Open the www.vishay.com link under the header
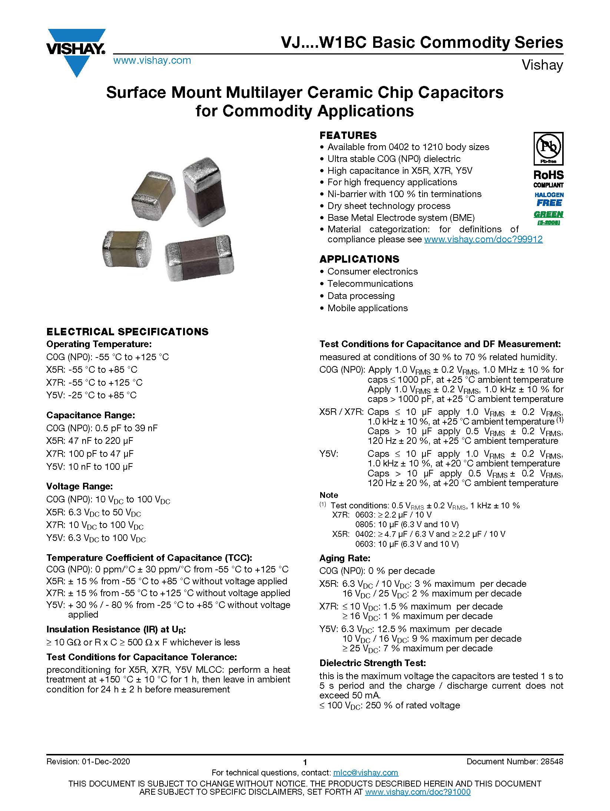(x=152, y=60)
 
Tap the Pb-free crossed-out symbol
(x=548, y=148)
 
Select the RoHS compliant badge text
(x=548, y=179)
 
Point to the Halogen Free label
(x=548, y=199)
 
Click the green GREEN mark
(x=548, y=215)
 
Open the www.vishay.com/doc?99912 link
(x=483, y=239)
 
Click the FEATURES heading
(x=348, y=135)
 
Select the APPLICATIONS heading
(x=359, y=259)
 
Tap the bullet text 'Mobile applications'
(x=367, y=308)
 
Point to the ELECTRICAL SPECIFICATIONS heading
(x=127, y=332)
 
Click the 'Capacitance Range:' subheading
(x=90, y=415)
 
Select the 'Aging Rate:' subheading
(x=345, y=558)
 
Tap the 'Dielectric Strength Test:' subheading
(x=372, y=663)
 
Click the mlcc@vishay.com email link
(x=365, y=773)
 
